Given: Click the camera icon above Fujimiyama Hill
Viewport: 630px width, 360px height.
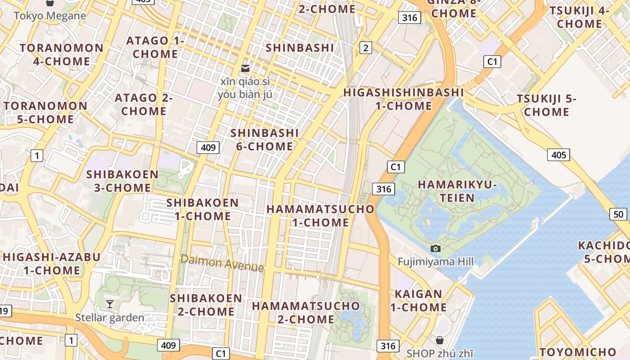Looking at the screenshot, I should click(435, 248).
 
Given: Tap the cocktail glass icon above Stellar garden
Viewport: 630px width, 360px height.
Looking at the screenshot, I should click(110, 304).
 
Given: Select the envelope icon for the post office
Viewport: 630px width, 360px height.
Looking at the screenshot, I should click(245, 68).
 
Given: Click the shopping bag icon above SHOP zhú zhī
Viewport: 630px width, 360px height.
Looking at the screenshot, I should click(440, 340).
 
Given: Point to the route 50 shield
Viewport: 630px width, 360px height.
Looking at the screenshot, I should click(618, 214).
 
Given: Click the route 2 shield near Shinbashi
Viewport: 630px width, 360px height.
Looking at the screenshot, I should click(366, 48).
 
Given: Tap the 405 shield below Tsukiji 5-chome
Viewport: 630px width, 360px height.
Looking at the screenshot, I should click(558, 155).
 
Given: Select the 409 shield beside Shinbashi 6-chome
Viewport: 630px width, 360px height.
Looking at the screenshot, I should click(208, 147).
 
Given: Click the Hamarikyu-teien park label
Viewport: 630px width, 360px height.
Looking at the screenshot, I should click(457, 191).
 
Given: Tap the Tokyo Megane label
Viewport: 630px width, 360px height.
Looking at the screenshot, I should click(49, 16).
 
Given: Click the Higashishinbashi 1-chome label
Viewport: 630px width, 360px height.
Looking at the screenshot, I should click(403, 99).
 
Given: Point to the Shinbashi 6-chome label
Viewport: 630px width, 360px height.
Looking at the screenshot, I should click(265, 139).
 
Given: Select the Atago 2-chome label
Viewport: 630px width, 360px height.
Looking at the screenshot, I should click(144, 104).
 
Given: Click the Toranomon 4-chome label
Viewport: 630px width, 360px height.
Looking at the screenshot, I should click(62, 54).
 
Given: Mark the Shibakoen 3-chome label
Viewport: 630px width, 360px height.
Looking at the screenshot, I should click(122, 181).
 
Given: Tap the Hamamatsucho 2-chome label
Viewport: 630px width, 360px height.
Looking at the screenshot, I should click(306, 313).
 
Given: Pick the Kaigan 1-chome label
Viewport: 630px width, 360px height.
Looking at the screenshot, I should click(418, 301).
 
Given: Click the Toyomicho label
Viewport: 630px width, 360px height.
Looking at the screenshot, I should click(578, 352).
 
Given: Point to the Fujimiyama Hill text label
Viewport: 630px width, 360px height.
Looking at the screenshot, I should click(436, 261).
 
